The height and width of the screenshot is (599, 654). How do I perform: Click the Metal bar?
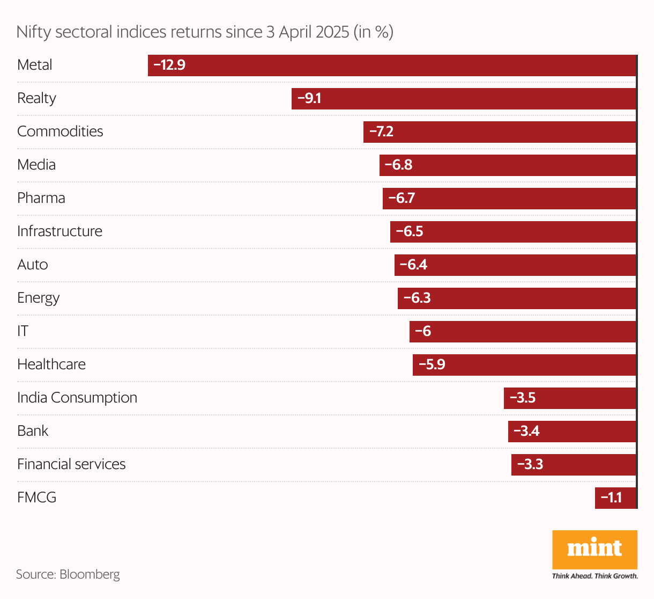391,65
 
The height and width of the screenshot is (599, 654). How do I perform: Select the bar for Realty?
464,99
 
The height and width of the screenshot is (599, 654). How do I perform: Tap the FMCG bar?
615,498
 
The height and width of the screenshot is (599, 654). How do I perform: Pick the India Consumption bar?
570,398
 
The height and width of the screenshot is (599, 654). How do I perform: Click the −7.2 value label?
381,132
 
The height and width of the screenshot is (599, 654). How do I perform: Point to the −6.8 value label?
398,165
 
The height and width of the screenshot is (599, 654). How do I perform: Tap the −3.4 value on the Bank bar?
526,432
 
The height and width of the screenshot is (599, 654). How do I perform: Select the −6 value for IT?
423,332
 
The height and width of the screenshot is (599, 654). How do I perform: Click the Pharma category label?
41,198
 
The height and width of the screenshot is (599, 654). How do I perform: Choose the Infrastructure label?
60,231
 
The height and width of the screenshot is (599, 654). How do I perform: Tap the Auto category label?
33,265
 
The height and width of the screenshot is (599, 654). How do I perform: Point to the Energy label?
38,298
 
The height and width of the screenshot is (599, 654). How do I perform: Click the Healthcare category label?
51,364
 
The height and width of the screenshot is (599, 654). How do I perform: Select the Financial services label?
71,464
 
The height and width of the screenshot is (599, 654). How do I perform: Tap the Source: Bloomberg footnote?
68,574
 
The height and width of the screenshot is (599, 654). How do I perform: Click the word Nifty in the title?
34,32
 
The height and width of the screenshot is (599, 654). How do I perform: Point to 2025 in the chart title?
332,32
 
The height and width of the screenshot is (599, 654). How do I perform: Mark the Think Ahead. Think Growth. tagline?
595,576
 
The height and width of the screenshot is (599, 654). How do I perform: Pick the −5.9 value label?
432,365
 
